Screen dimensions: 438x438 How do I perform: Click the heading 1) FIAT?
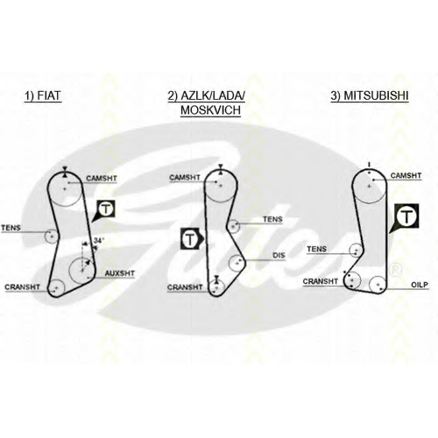click(x=43, y=96)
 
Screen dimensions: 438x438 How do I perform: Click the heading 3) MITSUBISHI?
click(x=370, y=96)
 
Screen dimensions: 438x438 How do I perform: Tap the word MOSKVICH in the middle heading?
click(x=210, y=110)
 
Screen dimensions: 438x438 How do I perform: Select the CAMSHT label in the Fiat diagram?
click(x=102, y=178)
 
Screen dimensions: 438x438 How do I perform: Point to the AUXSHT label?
click(x=120, y=273)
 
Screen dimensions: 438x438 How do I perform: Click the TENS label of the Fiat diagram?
click(x=11, y=228)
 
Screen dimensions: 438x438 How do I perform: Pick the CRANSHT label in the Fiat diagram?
click(x=22, y=287)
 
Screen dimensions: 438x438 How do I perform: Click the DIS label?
click(x=279, y=256)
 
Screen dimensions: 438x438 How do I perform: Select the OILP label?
click(x=420, y=285)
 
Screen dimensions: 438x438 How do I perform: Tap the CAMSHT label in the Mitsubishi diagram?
click(x=406, y=175)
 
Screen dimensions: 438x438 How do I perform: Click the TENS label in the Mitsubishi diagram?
click(x=316, y=249)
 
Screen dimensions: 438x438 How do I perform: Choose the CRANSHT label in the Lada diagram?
click(x=185, y=287)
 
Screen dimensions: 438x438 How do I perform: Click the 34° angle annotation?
click(x=99, y=241)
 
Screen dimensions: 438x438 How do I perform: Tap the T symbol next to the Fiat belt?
click(x=106, y=209)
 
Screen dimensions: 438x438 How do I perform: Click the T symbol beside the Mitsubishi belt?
click(x=406, y=216)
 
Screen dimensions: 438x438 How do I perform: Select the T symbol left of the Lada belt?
click(x=190, y=239)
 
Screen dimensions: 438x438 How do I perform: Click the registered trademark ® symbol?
click(x=396, y=270)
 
